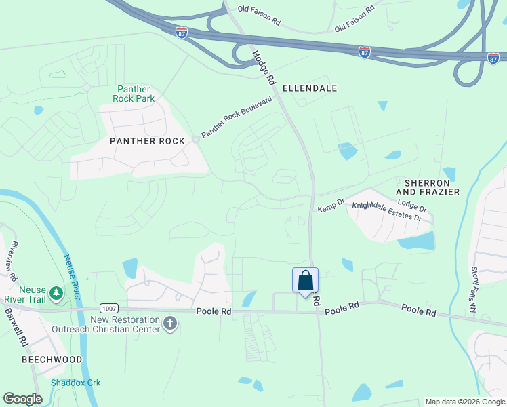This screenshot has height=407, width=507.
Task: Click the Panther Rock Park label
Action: click(136, 94)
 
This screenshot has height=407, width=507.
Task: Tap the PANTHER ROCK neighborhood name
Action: click(147, 141)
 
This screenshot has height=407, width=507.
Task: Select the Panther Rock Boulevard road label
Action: click(236, 117)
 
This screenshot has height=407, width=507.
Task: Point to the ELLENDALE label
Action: click(310, 88)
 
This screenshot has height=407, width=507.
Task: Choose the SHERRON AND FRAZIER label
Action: click(432, 188)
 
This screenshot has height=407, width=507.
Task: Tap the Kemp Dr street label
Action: click(331, 206)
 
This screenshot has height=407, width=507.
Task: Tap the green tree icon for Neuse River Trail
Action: click(58, 293)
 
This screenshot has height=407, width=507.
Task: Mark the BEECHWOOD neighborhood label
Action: click(52, 360)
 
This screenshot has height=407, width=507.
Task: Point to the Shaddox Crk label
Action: click(75, 383)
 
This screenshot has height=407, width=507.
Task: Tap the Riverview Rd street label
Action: click(9, 261)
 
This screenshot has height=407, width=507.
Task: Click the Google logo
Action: click(23, 399)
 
